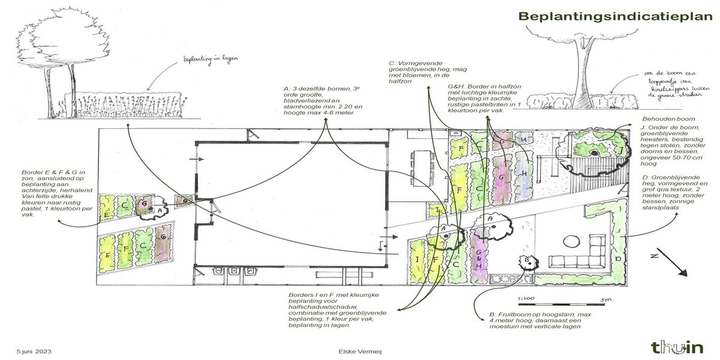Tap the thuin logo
(677, 346)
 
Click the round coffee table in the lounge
(571, 241)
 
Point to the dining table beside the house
(423, 163)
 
